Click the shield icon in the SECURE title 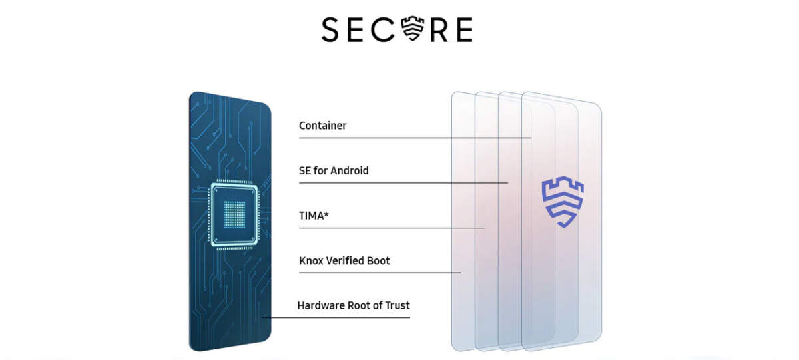click(413, 28)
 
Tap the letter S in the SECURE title click(330, 30)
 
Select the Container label click(322, 126)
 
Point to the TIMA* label click(314, 216)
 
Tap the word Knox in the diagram click(311, 261)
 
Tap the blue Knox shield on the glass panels click(563, 202)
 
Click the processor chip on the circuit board click(234, 214)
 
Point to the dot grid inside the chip click(234, 214)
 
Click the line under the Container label click(415, 138)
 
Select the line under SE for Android click(403, 183)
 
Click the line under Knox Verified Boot click(380, 273)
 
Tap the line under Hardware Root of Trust click(336, 317)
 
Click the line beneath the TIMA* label click(392, 228)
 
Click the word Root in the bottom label click(358, 305)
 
